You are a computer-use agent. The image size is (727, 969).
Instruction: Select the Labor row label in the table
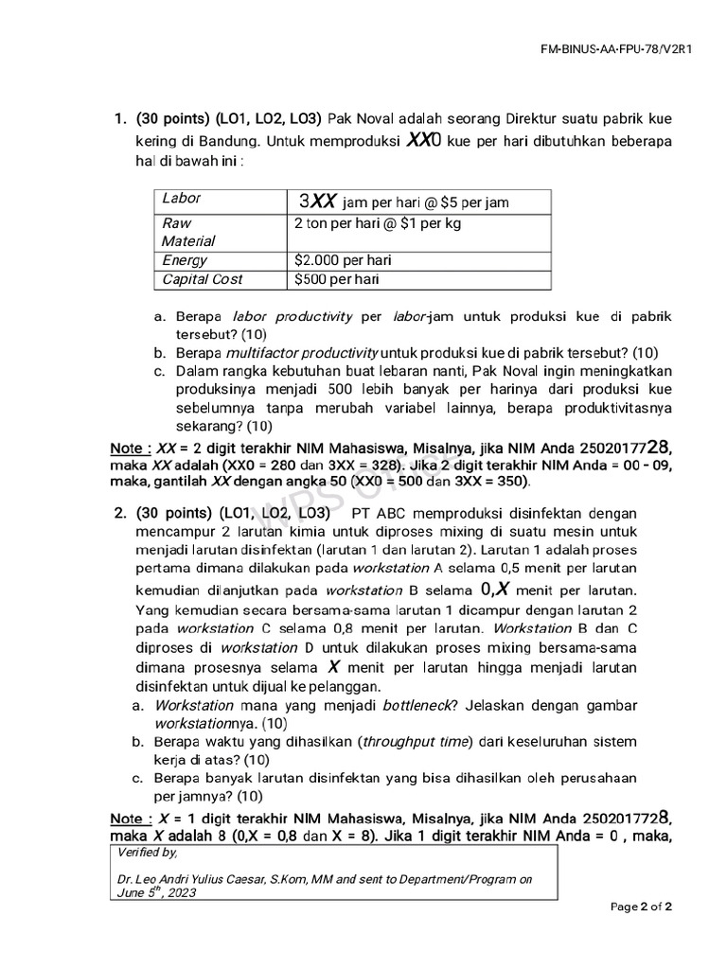coord(182,199)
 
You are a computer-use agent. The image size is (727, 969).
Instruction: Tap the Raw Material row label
coord(187,232)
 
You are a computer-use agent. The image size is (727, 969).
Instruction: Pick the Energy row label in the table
coord(184,260)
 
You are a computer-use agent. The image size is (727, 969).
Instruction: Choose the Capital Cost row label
coord(202,279)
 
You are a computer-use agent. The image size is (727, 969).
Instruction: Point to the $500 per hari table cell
coord(336,279)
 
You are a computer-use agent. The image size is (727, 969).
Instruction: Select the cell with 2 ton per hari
coord(364,223)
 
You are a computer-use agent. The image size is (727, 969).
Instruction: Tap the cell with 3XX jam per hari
coord(404,202)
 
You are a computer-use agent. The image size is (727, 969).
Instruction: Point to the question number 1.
coord(120,118)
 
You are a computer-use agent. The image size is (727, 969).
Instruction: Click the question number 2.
coord(120,513)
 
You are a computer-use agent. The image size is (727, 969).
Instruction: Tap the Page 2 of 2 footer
coord(641,907)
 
